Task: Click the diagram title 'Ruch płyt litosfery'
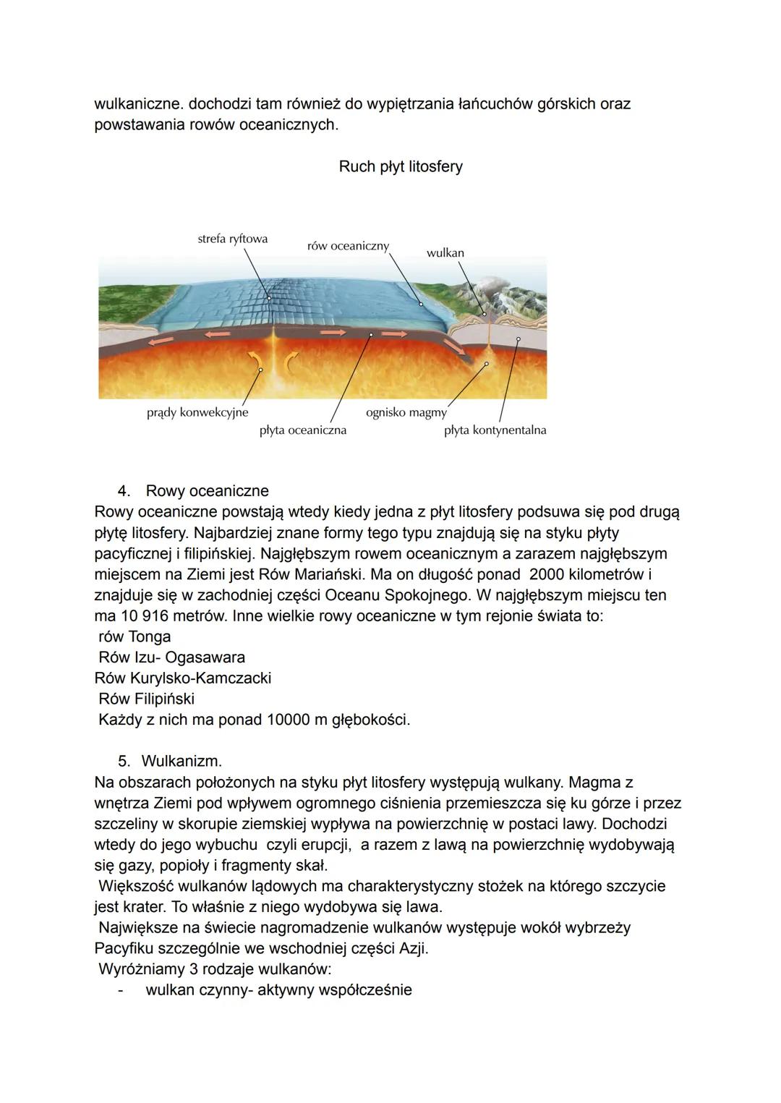pyautogui.click(x=401, y=166)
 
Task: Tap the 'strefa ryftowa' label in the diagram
pyautogui.click(x=232, y=239)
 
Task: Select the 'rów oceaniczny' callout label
pyautogui.click(x=348, y=246)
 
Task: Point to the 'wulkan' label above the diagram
pyautogui.click(x=445, y=253)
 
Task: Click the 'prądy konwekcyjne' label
pyautogui.click(x=197, y=412)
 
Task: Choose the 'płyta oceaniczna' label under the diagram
pyautogui.click(x=302, y=430)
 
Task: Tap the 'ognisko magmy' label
pyautogui.click(x=406, y=412)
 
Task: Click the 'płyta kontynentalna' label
pyautogui.click(x=495, y=430)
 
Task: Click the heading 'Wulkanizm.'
pyautogui.click(x=182, y=761)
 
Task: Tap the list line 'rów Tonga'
pyautogui.click(x=135, y=636)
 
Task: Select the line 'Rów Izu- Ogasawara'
pyautogui.click(x=171, y=657)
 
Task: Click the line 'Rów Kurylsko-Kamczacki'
pyautogui.click(x=183, y=678)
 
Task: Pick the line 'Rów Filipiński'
pyautogui.click(x=146, y=699)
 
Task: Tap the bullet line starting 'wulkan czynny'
pyautogui.click(x=278, y=989)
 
